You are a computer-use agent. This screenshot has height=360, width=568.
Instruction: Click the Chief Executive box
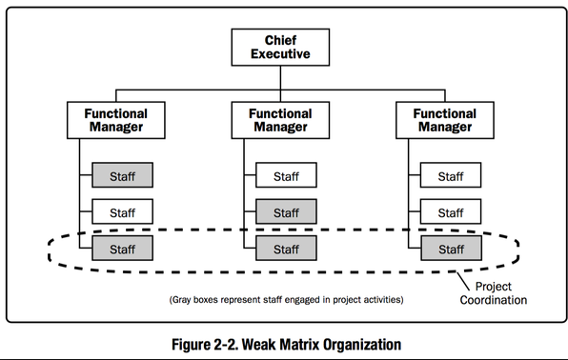coord(285,47)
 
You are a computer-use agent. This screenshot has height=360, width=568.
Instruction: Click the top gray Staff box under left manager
coord(121,175)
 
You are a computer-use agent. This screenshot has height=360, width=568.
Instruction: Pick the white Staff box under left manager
coord(121,211)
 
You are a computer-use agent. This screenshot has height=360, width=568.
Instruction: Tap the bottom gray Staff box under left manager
coord(121,249)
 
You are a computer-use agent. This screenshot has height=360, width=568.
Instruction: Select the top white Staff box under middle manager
coord(286,175)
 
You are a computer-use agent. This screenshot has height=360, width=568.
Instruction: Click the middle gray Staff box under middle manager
coord(286,211)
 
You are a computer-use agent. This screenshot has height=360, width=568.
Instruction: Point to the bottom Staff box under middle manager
coord(286,249)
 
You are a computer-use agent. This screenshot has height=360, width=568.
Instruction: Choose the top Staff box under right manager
coord(451,175)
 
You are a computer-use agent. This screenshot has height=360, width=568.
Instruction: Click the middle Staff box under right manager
coord(451,211)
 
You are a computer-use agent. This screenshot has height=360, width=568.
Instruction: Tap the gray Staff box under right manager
coord(451,249)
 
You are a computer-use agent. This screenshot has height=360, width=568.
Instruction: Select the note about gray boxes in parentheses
coord(286,299)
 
